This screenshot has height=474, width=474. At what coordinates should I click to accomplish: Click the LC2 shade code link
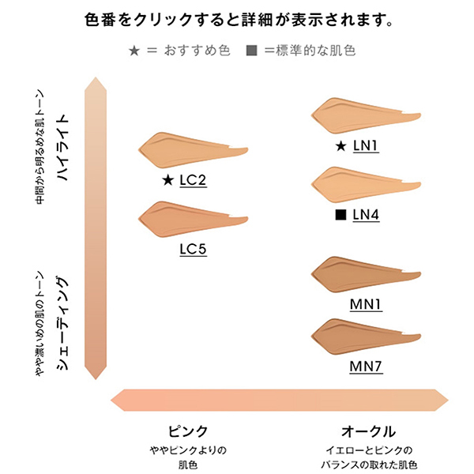193,181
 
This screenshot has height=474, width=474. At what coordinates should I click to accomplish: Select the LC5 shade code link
193,249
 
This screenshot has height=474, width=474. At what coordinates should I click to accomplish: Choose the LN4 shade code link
367,214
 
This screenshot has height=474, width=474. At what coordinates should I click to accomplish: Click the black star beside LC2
167,181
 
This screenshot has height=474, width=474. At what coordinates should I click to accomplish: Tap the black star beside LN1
340,146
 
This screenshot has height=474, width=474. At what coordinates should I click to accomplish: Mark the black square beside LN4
340,214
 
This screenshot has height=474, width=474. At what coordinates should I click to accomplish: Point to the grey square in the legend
252,51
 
